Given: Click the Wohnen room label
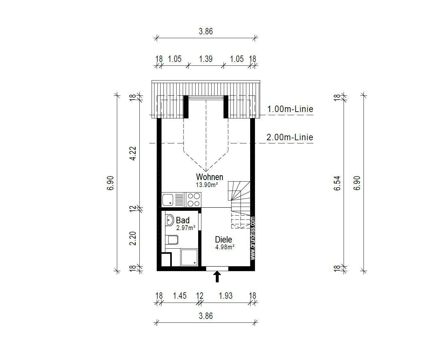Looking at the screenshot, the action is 210,177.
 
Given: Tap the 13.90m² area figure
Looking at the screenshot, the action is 207,184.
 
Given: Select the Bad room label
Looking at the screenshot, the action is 183,220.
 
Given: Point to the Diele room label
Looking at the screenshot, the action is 223,240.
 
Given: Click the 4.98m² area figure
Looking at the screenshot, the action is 225,247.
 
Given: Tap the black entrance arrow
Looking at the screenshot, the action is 217,277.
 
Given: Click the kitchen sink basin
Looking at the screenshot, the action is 168,200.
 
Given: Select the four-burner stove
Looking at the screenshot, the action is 193,200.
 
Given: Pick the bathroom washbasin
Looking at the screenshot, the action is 170,220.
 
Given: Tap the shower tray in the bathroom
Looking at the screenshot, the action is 189,257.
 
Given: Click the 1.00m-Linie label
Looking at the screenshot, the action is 290,109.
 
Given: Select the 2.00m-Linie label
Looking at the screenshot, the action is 290,137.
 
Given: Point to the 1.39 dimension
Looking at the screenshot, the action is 206,59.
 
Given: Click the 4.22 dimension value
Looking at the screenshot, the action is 133,153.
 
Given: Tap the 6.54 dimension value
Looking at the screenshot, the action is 337,183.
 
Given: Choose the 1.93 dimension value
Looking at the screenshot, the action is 226,296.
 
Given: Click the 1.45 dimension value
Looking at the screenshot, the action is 180,296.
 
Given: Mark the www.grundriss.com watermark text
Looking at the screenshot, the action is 252,238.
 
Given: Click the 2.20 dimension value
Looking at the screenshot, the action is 133,238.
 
